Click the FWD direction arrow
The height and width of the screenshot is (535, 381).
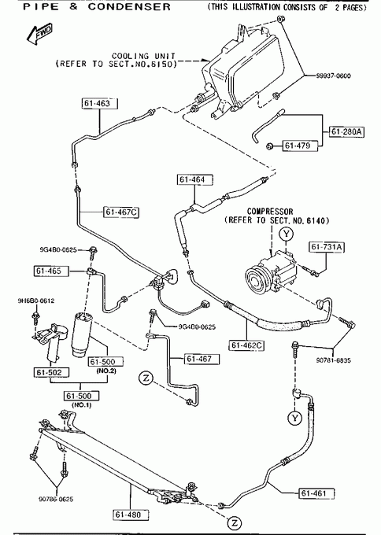click(x=39, y=35)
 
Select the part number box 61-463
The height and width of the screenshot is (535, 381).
click(x=100, y=103)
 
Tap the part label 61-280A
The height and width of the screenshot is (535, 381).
click(x=346, y=131)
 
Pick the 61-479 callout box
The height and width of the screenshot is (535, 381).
click(x=300, y=146)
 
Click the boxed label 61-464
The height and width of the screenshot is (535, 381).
click(x=195, y=179)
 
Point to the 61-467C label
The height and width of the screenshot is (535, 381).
click(x=121, y=212)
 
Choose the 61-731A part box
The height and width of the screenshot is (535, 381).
click(x=327, y=247)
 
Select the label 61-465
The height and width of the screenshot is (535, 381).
click(x=51, y=271)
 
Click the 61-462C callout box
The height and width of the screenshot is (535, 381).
click(x=246, y=345)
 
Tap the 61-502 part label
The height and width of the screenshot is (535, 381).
click(x=51, y=372)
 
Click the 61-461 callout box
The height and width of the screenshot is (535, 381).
click(x=316, y=493)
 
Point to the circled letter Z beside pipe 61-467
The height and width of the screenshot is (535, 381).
click(x=146, y=378)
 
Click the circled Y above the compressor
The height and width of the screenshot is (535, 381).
click(x=286, y=234)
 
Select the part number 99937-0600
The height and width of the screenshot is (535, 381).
click(x=333, y=76)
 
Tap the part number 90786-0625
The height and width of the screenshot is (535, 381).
click(x=56, y=499)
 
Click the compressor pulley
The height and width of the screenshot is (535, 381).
click(x=256, y=282)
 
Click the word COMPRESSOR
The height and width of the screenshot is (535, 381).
click(x=270, y=212)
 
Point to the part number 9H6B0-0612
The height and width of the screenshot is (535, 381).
click(x=36, y=301)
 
